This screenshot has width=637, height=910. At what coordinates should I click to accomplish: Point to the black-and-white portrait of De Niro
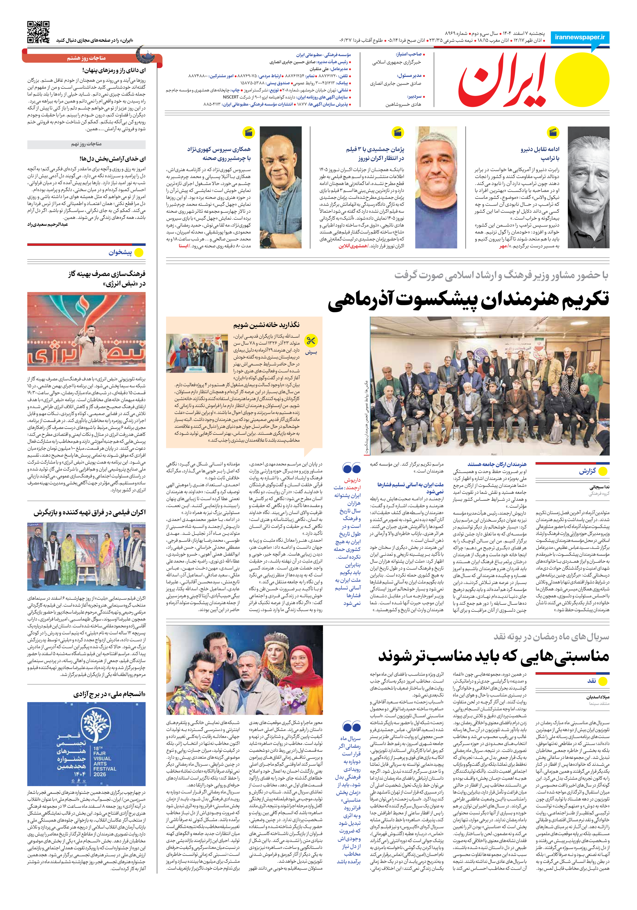pos(588,187)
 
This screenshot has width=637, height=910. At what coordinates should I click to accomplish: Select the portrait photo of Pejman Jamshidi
pos(436,187)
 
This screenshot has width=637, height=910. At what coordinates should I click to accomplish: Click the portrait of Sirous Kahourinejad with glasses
pos(280,187)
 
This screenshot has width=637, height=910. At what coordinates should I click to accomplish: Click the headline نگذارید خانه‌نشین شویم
pos(266,325)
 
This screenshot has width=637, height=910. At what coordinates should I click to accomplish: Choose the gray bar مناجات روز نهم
pos(86,144)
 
